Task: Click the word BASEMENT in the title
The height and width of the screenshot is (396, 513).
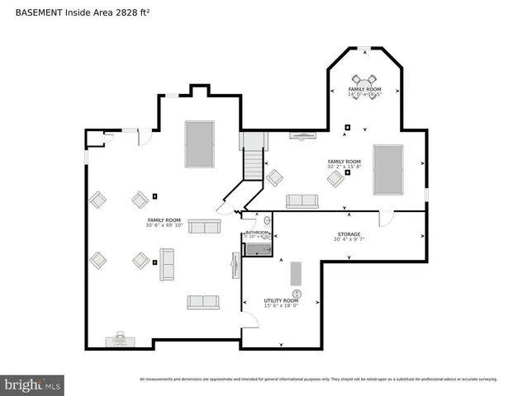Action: coord(39,13)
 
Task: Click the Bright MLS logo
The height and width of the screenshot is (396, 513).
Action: coord(33,384)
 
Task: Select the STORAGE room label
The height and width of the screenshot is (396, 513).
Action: coord(348,234)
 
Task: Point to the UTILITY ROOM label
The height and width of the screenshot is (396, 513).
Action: coord(280,300)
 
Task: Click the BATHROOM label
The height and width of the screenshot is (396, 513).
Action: coord(257,233)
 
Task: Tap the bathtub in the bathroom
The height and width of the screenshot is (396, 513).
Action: coord(259,249)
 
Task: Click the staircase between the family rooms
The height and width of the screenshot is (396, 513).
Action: coord(252,161)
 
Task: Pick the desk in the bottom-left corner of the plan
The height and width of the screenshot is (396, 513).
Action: coord(118,340)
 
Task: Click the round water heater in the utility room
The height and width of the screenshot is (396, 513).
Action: coord(297,294)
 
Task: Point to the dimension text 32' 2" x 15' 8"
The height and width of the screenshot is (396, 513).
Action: coord(344,167)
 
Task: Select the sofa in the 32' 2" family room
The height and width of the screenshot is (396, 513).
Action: coord(302,200)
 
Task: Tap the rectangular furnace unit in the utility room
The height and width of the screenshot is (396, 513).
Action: coord(296,272)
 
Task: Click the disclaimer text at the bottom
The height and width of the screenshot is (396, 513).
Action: coord(318,379)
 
